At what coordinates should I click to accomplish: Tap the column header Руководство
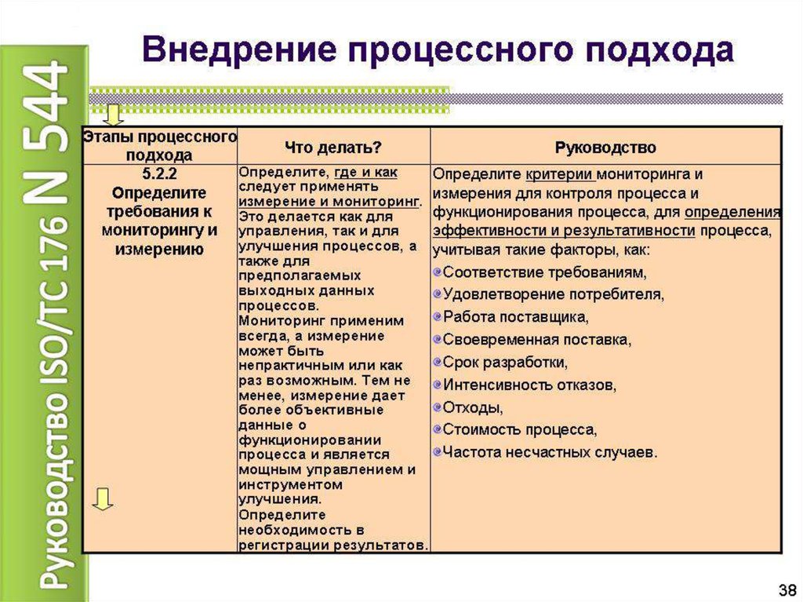[605, 147]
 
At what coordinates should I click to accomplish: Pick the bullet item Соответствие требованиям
[545, 273]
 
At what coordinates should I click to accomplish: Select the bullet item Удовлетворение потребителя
[554, 295]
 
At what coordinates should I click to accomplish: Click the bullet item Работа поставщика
[515, 318]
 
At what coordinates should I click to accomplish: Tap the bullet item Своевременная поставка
[537, 340]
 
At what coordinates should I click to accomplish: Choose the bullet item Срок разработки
[505, 363]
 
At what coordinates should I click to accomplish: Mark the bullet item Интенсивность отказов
[529, 385]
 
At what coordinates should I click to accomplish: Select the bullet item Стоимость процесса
[520, 430]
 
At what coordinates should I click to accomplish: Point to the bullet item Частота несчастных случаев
[550, 452]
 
